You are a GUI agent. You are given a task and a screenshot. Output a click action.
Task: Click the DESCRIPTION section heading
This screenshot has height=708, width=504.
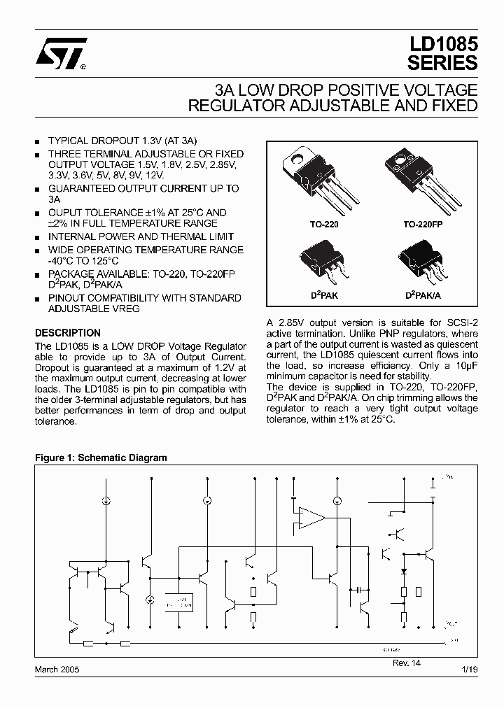(x=68, y=333)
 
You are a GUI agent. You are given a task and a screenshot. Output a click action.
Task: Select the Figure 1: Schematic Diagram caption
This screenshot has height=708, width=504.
(x=101, y=458)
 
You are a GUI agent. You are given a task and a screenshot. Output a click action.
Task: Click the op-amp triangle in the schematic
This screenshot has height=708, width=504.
(x=311, y=518)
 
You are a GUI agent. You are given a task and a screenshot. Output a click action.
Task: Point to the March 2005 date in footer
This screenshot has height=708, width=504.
(x=57, y=670)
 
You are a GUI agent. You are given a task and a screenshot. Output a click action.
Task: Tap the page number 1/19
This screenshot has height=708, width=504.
(x=470, y=670)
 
